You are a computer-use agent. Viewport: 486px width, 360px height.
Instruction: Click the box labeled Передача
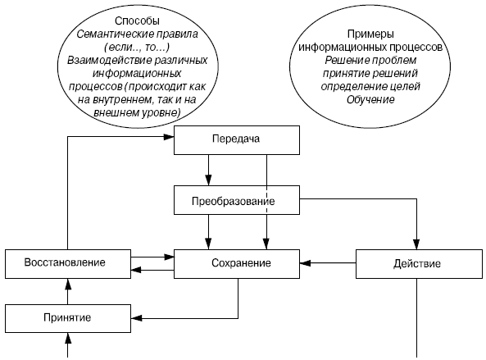pyautogui.click(x=237, y=140)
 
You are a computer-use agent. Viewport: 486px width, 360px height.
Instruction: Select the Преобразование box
pyautogui.click(x=237, y=200)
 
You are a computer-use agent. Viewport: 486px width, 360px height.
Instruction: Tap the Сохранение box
pyautogui.click(x=237, y=264)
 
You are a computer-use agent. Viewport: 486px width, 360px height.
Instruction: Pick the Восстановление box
pyautogui.click(x=68, y=264)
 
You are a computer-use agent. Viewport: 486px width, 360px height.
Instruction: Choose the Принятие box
pyautogui.click(x=68, y=318)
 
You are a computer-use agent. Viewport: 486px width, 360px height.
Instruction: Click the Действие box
pyautogui.click(x=419, y=264)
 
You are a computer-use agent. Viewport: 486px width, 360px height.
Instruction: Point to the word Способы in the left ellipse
pyautogui.click(x=138, y=21)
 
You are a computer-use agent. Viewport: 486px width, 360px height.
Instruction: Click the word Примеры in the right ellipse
pyautogui.click(x=370, y=34)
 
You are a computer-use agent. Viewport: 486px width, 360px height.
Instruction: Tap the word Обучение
pyautogui.click(x=370, y=99)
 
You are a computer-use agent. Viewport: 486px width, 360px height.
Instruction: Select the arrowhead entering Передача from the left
pyautogui.click(x=169, y=137)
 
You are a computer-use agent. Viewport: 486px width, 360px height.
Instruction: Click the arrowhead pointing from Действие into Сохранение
pyautogui.click(x=305, y=263)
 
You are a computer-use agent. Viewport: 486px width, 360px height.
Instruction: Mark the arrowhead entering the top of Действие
pyautogui.click(x=416, y=244)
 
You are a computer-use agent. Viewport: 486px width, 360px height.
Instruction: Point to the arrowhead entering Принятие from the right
pyautogui.click(x=136, y=318)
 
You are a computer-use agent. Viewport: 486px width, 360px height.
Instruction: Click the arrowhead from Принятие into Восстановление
pyautogui.click(x=68, y=284)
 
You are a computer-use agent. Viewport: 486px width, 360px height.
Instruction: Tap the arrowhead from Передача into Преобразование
pyautogui.click(x=209, y=180)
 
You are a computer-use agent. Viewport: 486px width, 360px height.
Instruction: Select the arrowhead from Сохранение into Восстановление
pyautogui.click(x=136, y=270)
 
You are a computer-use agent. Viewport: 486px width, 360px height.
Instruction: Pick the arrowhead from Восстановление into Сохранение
pyautogui.click(x=169, y=257)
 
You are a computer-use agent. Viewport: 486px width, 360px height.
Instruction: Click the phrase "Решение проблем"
pyautogui.click(x=370, y=60)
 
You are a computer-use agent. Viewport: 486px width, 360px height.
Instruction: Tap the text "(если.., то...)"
pyautogui.click(x=137, y=47)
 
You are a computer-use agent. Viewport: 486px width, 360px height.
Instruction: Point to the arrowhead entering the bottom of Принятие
pyautogui.click(x=68, y=338)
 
